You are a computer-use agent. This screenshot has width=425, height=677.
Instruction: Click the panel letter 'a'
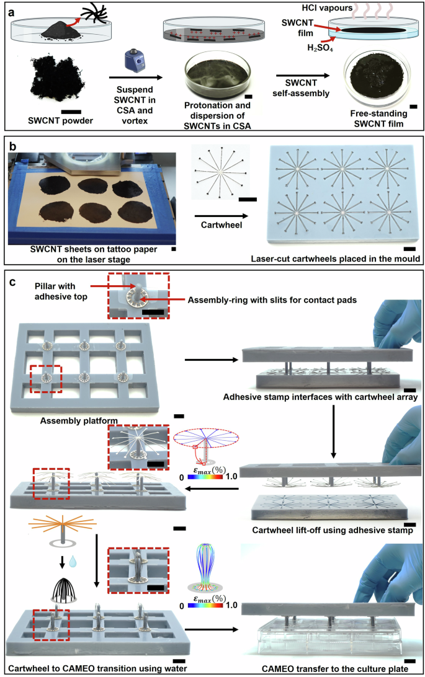pyautogui.click(x=12, y=11)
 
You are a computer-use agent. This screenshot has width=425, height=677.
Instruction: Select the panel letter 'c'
pyautogui.click(x=12, y=283)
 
